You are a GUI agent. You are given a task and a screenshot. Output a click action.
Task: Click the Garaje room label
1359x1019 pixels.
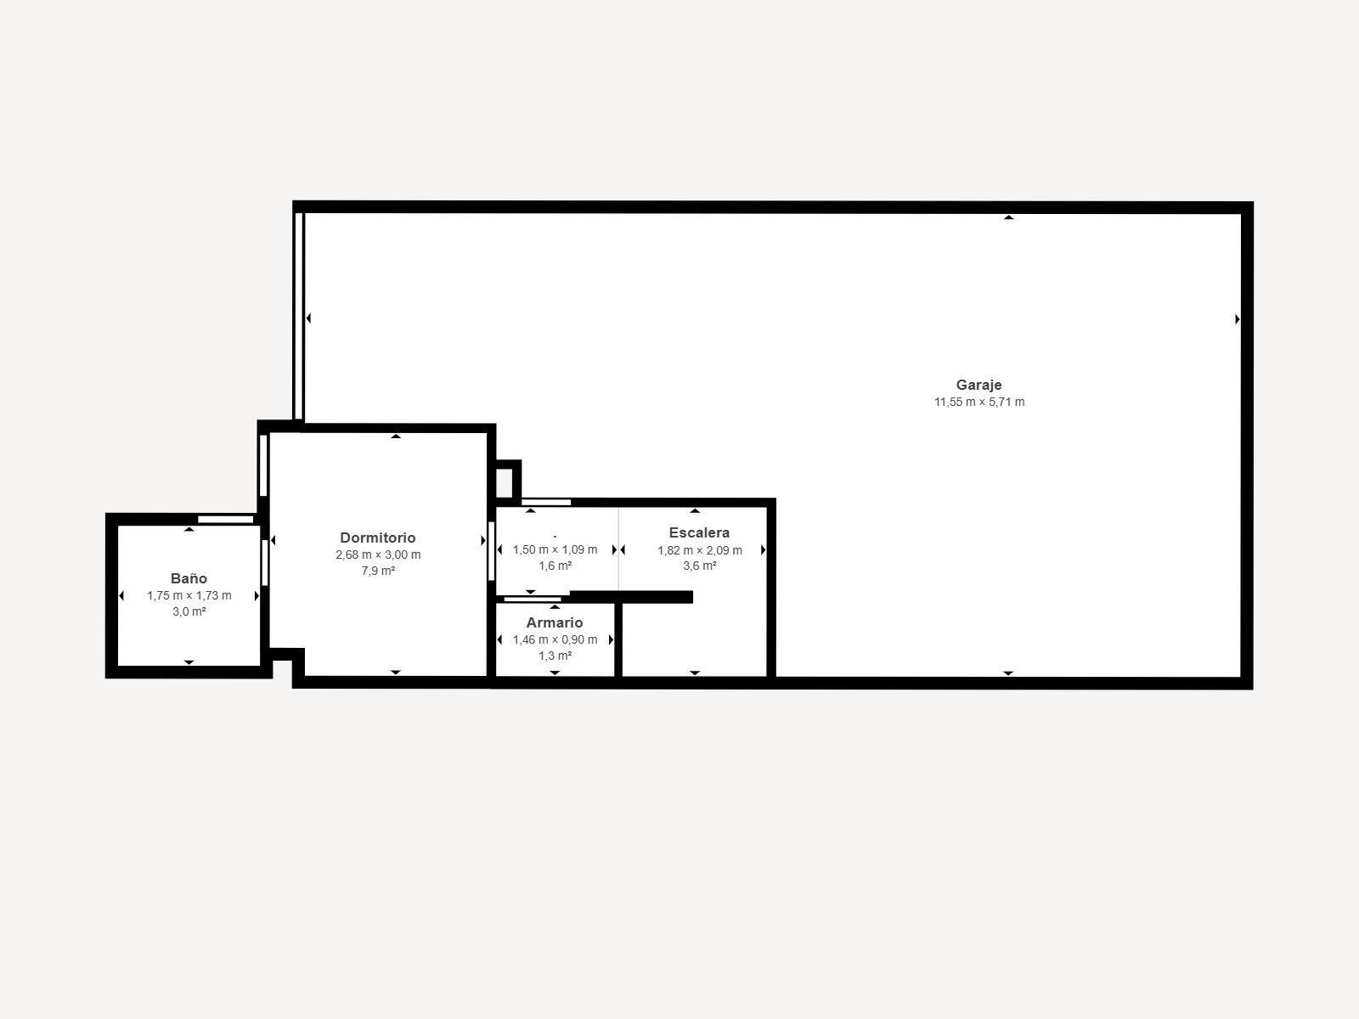(978, 385)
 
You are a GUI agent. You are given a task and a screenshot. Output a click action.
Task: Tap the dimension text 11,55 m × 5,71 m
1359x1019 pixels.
(979, 403)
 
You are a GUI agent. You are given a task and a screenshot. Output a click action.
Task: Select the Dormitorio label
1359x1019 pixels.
(378, 538)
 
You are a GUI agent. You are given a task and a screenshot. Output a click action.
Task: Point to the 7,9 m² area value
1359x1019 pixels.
(378, 571)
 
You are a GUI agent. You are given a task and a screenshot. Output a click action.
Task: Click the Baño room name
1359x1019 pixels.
(189, 579)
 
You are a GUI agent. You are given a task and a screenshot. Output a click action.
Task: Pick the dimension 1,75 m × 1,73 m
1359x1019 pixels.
(189, 595)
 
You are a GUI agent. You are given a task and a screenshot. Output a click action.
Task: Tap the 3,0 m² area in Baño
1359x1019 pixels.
(189, 611)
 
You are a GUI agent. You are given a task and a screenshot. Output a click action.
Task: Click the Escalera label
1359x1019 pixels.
(699, 533)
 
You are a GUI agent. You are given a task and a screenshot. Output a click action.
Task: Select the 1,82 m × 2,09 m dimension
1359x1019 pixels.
(699, 550)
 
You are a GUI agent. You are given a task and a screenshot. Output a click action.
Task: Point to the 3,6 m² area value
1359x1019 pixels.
(699, 566)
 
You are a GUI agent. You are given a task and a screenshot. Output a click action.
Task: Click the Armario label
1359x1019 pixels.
(555, 623)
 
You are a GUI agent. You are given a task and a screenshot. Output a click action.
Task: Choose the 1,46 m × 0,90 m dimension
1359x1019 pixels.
(555, 639)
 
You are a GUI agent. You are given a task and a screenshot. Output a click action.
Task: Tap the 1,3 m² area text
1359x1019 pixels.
(555, 656)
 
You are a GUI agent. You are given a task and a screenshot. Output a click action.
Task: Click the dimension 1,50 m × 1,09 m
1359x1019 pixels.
(555, 549)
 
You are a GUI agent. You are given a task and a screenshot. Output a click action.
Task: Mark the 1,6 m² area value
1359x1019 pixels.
(555, 566)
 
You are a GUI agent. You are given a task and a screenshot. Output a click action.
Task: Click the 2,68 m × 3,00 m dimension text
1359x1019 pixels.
(378, 555)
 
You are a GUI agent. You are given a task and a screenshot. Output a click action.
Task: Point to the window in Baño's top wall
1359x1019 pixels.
(225, 519)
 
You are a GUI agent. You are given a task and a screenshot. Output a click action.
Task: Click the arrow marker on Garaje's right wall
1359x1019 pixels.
(1237, 319)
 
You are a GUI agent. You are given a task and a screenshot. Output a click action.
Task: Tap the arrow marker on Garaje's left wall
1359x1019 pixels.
(308, 318)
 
